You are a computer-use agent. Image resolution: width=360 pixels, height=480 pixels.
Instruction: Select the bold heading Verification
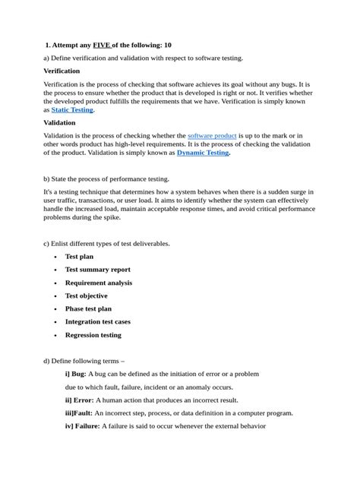pyautogui.click(x=62, y=71)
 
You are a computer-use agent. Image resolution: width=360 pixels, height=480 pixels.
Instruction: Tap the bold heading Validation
pyautogui.click(x=59, y=122)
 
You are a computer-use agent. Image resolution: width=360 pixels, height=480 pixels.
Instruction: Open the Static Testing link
pyautogui.click(x=72, y=109)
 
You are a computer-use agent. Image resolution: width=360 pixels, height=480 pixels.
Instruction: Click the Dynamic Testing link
pyautogui.click(x=203, y=153)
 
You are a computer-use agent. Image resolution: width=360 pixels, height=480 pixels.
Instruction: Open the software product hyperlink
pyautogui.click(x=212, y=135)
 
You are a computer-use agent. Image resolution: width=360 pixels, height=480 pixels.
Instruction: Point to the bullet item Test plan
pyautogui.click(x=79, y=257)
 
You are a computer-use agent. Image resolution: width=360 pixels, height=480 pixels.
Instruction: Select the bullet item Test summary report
pyautogui.click(x=97, y=270)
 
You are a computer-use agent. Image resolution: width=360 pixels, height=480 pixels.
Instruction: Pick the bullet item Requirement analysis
pyautogui.click(x=98, y=283)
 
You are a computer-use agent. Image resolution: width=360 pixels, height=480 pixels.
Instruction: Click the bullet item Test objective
pyautogui.click(x=86, y=295)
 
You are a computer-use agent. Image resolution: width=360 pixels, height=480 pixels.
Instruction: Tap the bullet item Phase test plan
pyautogui.click(x=88, y=308)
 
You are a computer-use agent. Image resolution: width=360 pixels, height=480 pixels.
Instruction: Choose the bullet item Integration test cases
pyautogui.click(x=97, y=322)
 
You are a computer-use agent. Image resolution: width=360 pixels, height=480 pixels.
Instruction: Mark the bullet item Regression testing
pyautogui.click(x=93, y=335)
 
